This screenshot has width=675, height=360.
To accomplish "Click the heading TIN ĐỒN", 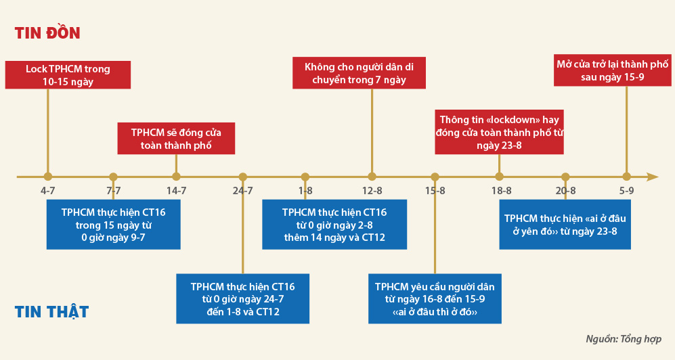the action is point(47,32).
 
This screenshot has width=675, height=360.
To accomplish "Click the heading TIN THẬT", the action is point(51,311).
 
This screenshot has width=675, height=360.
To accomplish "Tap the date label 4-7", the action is point(48,191).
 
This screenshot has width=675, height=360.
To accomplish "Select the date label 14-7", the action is point(177,191).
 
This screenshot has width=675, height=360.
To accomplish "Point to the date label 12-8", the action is point(372,191).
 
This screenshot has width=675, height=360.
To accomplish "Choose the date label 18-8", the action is point(502,191).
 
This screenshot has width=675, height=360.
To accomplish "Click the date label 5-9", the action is point(626,191).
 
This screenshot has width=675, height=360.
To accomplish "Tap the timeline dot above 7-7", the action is point(113,177).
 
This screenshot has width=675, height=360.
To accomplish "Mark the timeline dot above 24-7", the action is point(243,177).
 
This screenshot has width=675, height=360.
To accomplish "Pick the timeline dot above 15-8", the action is point(435,177).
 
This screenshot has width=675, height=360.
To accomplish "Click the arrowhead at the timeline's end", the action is point(652,177).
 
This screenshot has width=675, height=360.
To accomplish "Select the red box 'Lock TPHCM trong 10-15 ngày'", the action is point(68,75).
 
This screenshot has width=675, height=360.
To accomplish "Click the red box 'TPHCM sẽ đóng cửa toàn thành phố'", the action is point(176,139).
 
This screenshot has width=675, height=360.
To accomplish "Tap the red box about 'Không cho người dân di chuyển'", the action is point(359,73).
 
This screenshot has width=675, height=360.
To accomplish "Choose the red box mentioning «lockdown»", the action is point(500,132).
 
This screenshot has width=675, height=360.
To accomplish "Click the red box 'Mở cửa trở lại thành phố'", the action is point(612,70).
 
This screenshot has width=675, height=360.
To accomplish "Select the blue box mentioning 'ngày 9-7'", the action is point(113,225).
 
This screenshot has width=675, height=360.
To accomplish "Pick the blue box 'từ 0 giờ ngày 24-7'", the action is point(243,299).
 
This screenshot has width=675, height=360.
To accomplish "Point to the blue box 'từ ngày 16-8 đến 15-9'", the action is point(435,299).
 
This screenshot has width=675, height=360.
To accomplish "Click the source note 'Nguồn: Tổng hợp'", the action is point(624,339).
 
